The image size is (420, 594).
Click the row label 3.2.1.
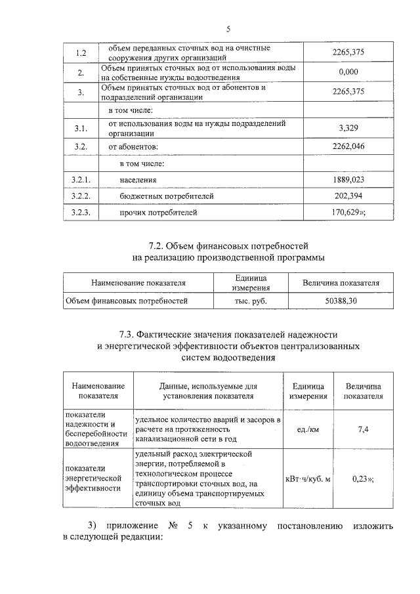tap(81, 179)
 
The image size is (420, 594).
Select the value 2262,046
tap(348, 146)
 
